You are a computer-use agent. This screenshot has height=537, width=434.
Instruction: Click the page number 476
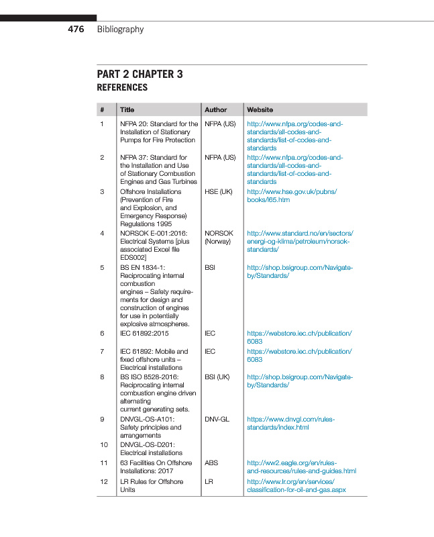click(76, 29)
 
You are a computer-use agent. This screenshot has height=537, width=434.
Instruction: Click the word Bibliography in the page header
click(120, 29)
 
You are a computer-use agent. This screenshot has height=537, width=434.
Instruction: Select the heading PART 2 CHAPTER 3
click(140, 75)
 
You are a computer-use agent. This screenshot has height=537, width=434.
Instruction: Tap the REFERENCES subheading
click(122, 87)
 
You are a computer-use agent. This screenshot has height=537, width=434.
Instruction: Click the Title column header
click(127, 109)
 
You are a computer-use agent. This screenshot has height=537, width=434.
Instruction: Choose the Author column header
click(215, 109)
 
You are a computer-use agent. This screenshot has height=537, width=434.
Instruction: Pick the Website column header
click(260, 109)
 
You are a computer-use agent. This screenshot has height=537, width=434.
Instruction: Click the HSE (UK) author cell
click(218, 191)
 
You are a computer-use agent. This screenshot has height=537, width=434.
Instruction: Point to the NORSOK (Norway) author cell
click(219, 237)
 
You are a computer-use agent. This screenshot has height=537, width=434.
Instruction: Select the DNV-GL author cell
click(217, 419)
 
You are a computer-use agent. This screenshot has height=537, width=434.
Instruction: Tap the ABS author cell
click(211, 462)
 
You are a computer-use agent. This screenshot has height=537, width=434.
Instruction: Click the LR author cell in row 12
click(209, 481)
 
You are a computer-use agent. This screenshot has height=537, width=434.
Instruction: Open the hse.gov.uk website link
click(292, 195)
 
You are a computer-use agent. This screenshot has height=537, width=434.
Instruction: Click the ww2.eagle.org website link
click(301, 467)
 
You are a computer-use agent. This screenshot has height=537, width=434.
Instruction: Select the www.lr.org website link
click(296, 485)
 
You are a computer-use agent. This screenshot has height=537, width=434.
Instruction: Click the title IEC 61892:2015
click(144, 333)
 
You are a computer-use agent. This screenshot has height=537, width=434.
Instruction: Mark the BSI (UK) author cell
click(219, 377)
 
